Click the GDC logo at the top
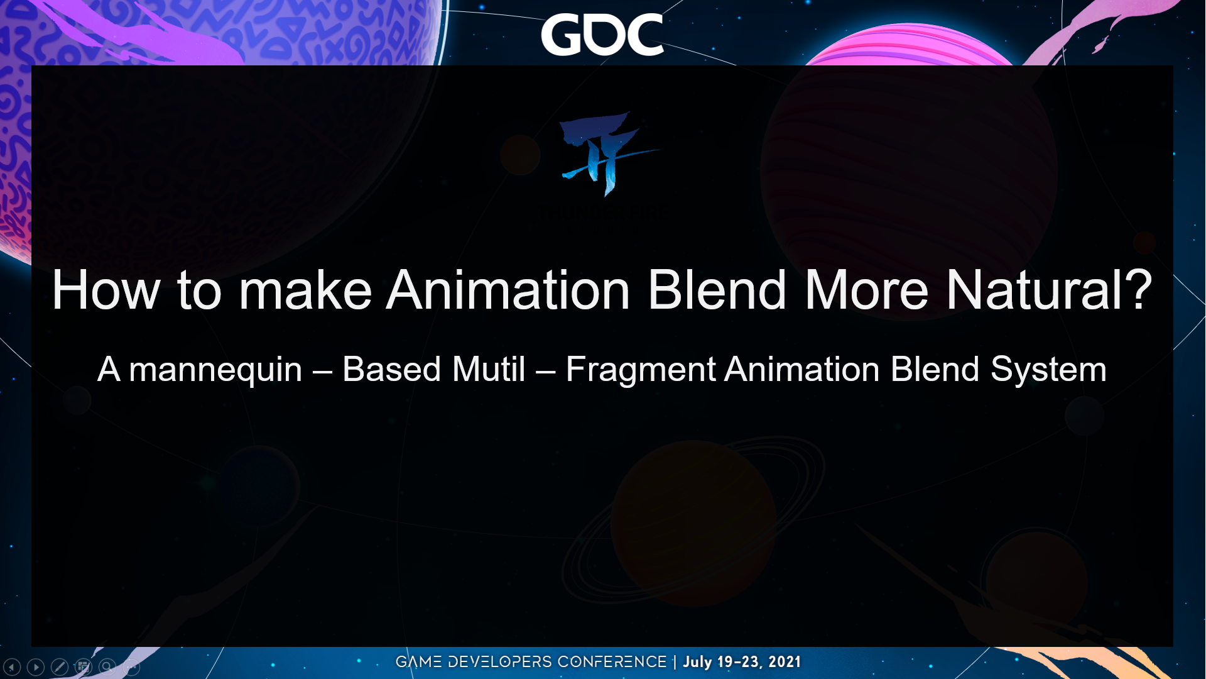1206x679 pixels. click(602, 35)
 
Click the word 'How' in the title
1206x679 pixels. click(106, 290)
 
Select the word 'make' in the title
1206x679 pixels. click(305, 290)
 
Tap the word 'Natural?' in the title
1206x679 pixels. click(1049, 290)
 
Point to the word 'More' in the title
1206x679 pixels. click(866, 290)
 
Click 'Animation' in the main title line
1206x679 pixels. click(508, 290)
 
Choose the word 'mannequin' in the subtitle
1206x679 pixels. click(215, 370)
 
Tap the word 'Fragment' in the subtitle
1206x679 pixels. click(641, 370)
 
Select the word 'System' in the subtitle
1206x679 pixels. click(1048, 370)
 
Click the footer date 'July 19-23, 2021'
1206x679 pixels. click(742, 662)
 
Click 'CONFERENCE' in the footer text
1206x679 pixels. click(612, 662)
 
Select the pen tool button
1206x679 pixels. click(60, 666)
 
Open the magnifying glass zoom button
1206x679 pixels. click(107, 666)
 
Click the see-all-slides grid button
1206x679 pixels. click(84, 666)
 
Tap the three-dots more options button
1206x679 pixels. click(131, 666)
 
